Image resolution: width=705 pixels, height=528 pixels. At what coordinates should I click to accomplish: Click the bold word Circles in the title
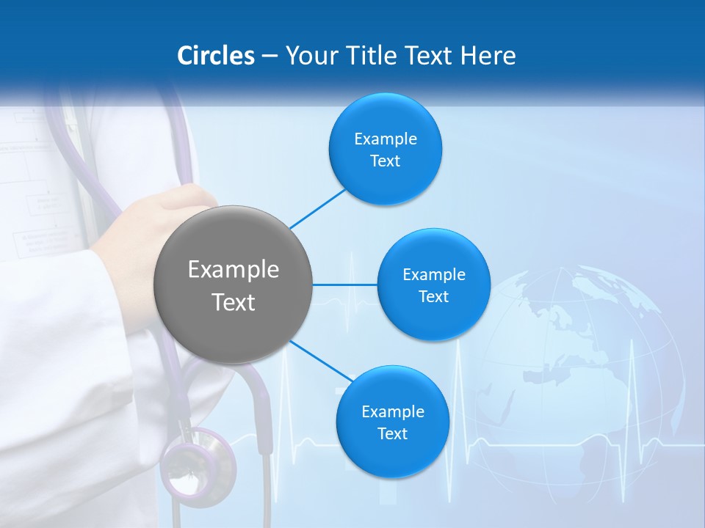point(216,56)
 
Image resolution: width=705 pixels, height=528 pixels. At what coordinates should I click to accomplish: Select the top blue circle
point(385,149)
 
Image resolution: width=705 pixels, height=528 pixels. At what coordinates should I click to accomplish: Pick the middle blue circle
point(433,285)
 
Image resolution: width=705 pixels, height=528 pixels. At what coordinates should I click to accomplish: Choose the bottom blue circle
point(392,422)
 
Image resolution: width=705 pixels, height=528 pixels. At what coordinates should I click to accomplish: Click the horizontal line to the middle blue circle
point(345,285)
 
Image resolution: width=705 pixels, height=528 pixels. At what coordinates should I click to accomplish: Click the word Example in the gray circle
point(234,270)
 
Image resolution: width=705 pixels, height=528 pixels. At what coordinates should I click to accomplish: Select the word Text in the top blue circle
point(385,161)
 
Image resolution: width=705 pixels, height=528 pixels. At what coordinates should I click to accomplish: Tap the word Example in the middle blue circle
point(433,275)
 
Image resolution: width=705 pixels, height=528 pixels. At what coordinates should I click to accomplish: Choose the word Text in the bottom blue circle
point(392,434)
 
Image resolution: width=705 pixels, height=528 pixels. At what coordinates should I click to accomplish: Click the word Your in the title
point(310,56)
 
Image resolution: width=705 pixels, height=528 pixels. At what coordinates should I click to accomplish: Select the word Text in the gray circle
point(234,302)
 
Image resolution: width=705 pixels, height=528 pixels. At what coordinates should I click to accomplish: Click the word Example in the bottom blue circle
point(392,412)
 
